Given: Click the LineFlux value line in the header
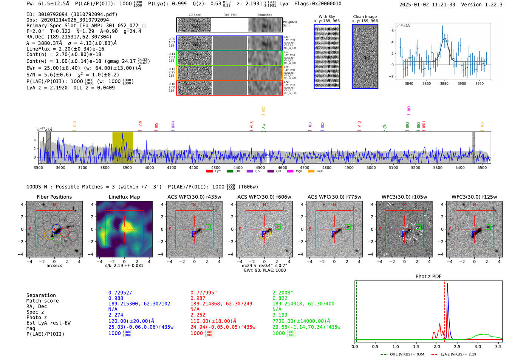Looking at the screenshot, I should [x=65, y=49].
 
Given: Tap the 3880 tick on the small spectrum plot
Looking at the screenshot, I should [x=444, y=83].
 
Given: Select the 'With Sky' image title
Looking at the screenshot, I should [x=326, y=17].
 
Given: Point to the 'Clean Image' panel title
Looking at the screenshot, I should [x=365, y=17].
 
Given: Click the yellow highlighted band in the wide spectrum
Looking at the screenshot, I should [x=122, y=147].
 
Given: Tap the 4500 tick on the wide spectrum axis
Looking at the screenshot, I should [x=260, y=168].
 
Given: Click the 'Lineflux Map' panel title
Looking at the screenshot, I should [x=124, y=197].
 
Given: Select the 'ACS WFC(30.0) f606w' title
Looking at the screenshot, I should [x=264, y=197].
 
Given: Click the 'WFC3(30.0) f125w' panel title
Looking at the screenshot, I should [x=474, y=197].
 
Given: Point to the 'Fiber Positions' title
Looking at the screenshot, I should [x=54, y=197].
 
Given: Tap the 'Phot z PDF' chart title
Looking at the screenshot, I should [x=428, y=277].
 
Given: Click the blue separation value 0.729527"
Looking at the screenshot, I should [x=121, y=293].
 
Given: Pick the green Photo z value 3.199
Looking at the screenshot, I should [x=280, y=315].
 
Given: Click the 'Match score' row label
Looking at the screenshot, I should [x=42, y=301].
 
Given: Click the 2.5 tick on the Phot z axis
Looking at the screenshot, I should [x=457, y=346].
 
